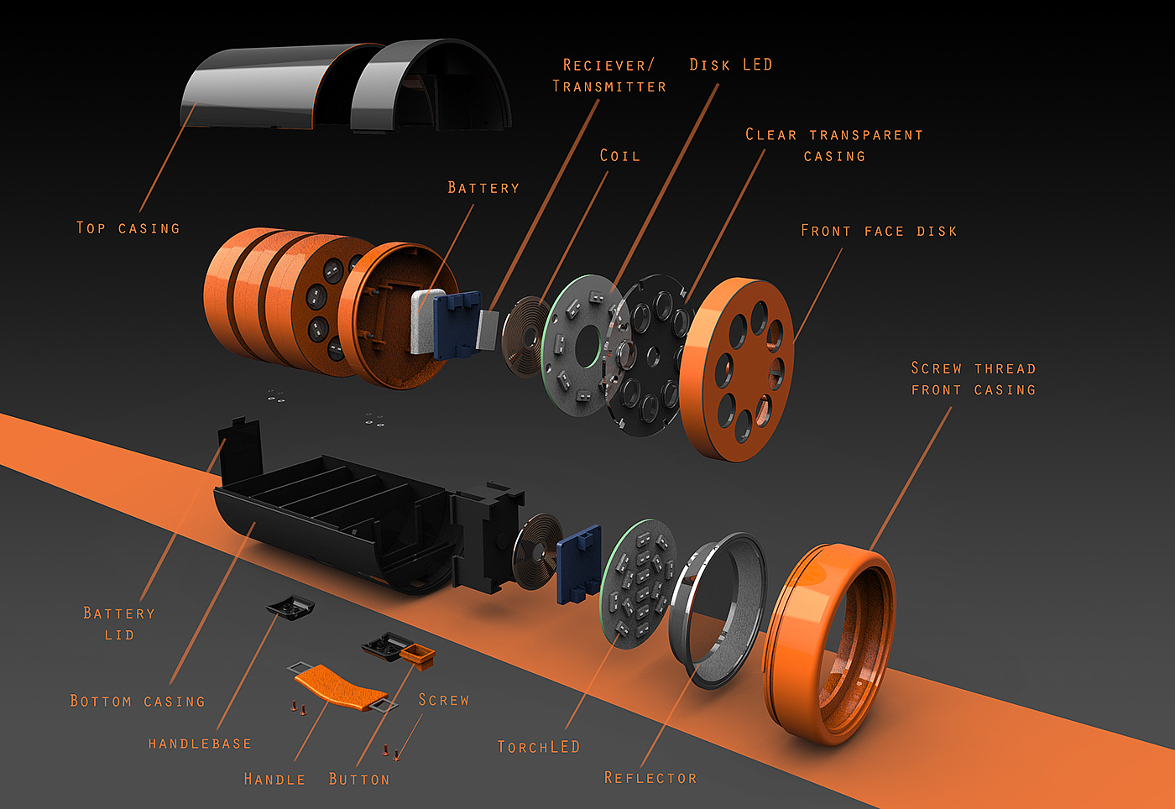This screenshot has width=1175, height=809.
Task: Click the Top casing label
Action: [x=128, y=227]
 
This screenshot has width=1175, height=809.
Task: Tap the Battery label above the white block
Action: [x=483, y=187]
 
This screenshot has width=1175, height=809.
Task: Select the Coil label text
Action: [x=619, y=155]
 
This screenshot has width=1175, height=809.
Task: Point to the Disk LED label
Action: [x=730, y=65]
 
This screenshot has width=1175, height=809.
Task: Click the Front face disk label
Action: [x=879, y=230]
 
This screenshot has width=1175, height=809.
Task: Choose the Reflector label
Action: [x=650, y=777]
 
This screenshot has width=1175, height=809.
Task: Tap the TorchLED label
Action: [x=538, y=746]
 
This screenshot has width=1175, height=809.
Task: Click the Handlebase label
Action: [x=200, y=744]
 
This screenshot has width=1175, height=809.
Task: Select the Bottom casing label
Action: [x=138, y=701]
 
